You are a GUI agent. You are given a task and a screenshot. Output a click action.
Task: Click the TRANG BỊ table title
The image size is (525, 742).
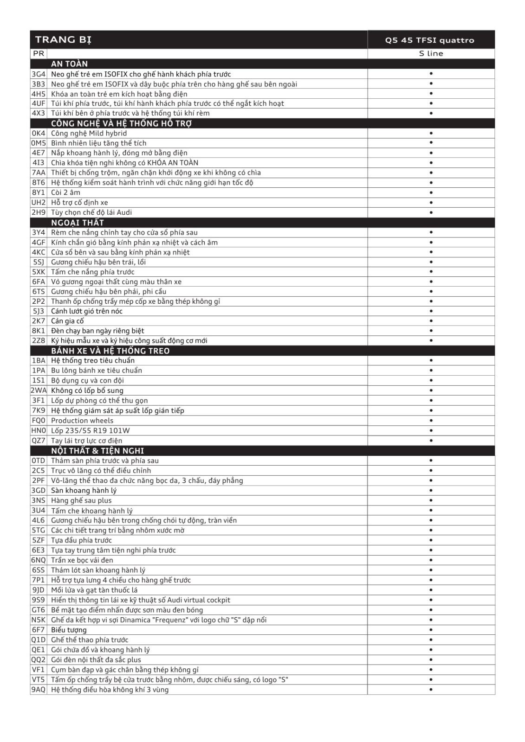[63, 39]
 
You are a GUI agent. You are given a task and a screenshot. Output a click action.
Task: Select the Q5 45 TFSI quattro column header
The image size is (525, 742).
[429, 40]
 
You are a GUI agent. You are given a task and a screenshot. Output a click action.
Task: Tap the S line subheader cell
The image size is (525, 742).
[431, 53]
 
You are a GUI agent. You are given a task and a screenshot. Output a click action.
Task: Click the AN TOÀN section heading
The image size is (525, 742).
[69, 64]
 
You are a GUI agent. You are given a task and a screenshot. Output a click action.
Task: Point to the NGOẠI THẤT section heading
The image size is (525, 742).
[78, 223]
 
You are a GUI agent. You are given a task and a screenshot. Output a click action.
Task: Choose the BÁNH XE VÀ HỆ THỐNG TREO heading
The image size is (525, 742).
[110, 351]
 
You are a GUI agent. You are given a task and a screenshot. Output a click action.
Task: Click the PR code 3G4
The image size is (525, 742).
[39, 74]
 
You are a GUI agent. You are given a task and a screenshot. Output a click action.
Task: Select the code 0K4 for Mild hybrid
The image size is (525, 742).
[39, 133]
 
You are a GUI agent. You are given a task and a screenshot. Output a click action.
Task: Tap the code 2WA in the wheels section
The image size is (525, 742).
[39, 390]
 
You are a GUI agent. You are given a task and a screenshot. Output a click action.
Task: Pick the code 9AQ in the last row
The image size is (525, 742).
[39, 690]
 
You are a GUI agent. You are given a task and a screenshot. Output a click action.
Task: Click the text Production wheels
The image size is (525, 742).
[82, 421]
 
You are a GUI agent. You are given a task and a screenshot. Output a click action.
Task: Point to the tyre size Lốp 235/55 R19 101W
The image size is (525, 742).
[91, 430]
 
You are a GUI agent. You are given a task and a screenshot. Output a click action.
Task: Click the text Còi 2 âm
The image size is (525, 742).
[65, 192]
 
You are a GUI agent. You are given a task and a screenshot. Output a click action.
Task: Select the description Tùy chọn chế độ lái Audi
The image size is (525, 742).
[91, 212]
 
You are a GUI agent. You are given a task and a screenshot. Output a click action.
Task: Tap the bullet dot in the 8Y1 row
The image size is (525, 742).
[431, 192]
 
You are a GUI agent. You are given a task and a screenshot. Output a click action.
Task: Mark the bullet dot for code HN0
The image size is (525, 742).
[431, 430]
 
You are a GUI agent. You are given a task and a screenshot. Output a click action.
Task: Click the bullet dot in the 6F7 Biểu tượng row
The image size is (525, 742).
[431, 630]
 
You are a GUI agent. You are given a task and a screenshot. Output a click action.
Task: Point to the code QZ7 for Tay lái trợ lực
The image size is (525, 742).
[39, 441]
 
